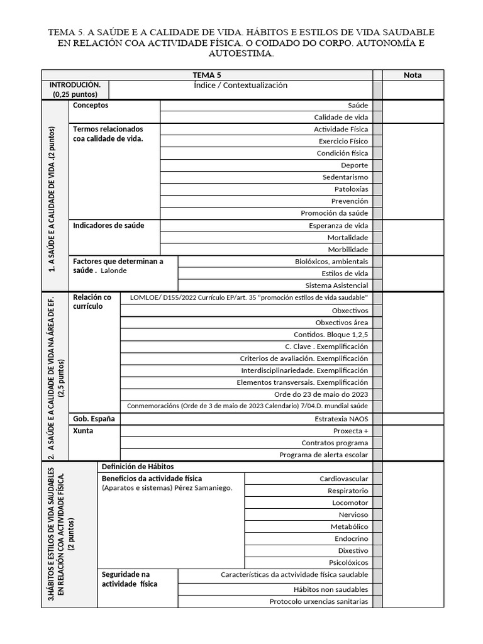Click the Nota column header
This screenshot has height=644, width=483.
pos(413,75)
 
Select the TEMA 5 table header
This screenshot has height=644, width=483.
pos(207,75)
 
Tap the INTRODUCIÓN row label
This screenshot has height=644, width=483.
pos(75,89)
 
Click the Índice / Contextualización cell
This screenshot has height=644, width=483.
pos(241,86)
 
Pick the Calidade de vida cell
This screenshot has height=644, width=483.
pos(341,117)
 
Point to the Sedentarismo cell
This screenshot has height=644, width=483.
pos(345,177)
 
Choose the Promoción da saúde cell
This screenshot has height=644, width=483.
pos(334,213)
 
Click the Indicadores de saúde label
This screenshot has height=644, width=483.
pos(108,225)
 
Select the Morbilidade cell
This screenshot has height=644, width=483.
pos(348,249)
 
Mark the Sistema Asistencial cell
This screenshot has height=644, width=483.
pos(336,285)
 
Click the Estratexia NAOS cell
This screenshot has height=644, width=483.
pos(341,418)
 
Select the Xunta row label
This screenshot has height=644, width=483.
pos(83,431)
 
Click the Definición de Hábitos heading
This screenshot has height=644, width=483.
pos(138,467)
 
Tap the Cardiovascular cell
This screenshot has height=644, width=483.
pos(343,479)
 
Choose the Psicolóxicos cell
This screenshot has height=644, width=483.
pos(348,562)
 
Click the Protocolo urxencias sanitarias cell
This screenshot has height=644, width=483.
pos(319,601)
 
